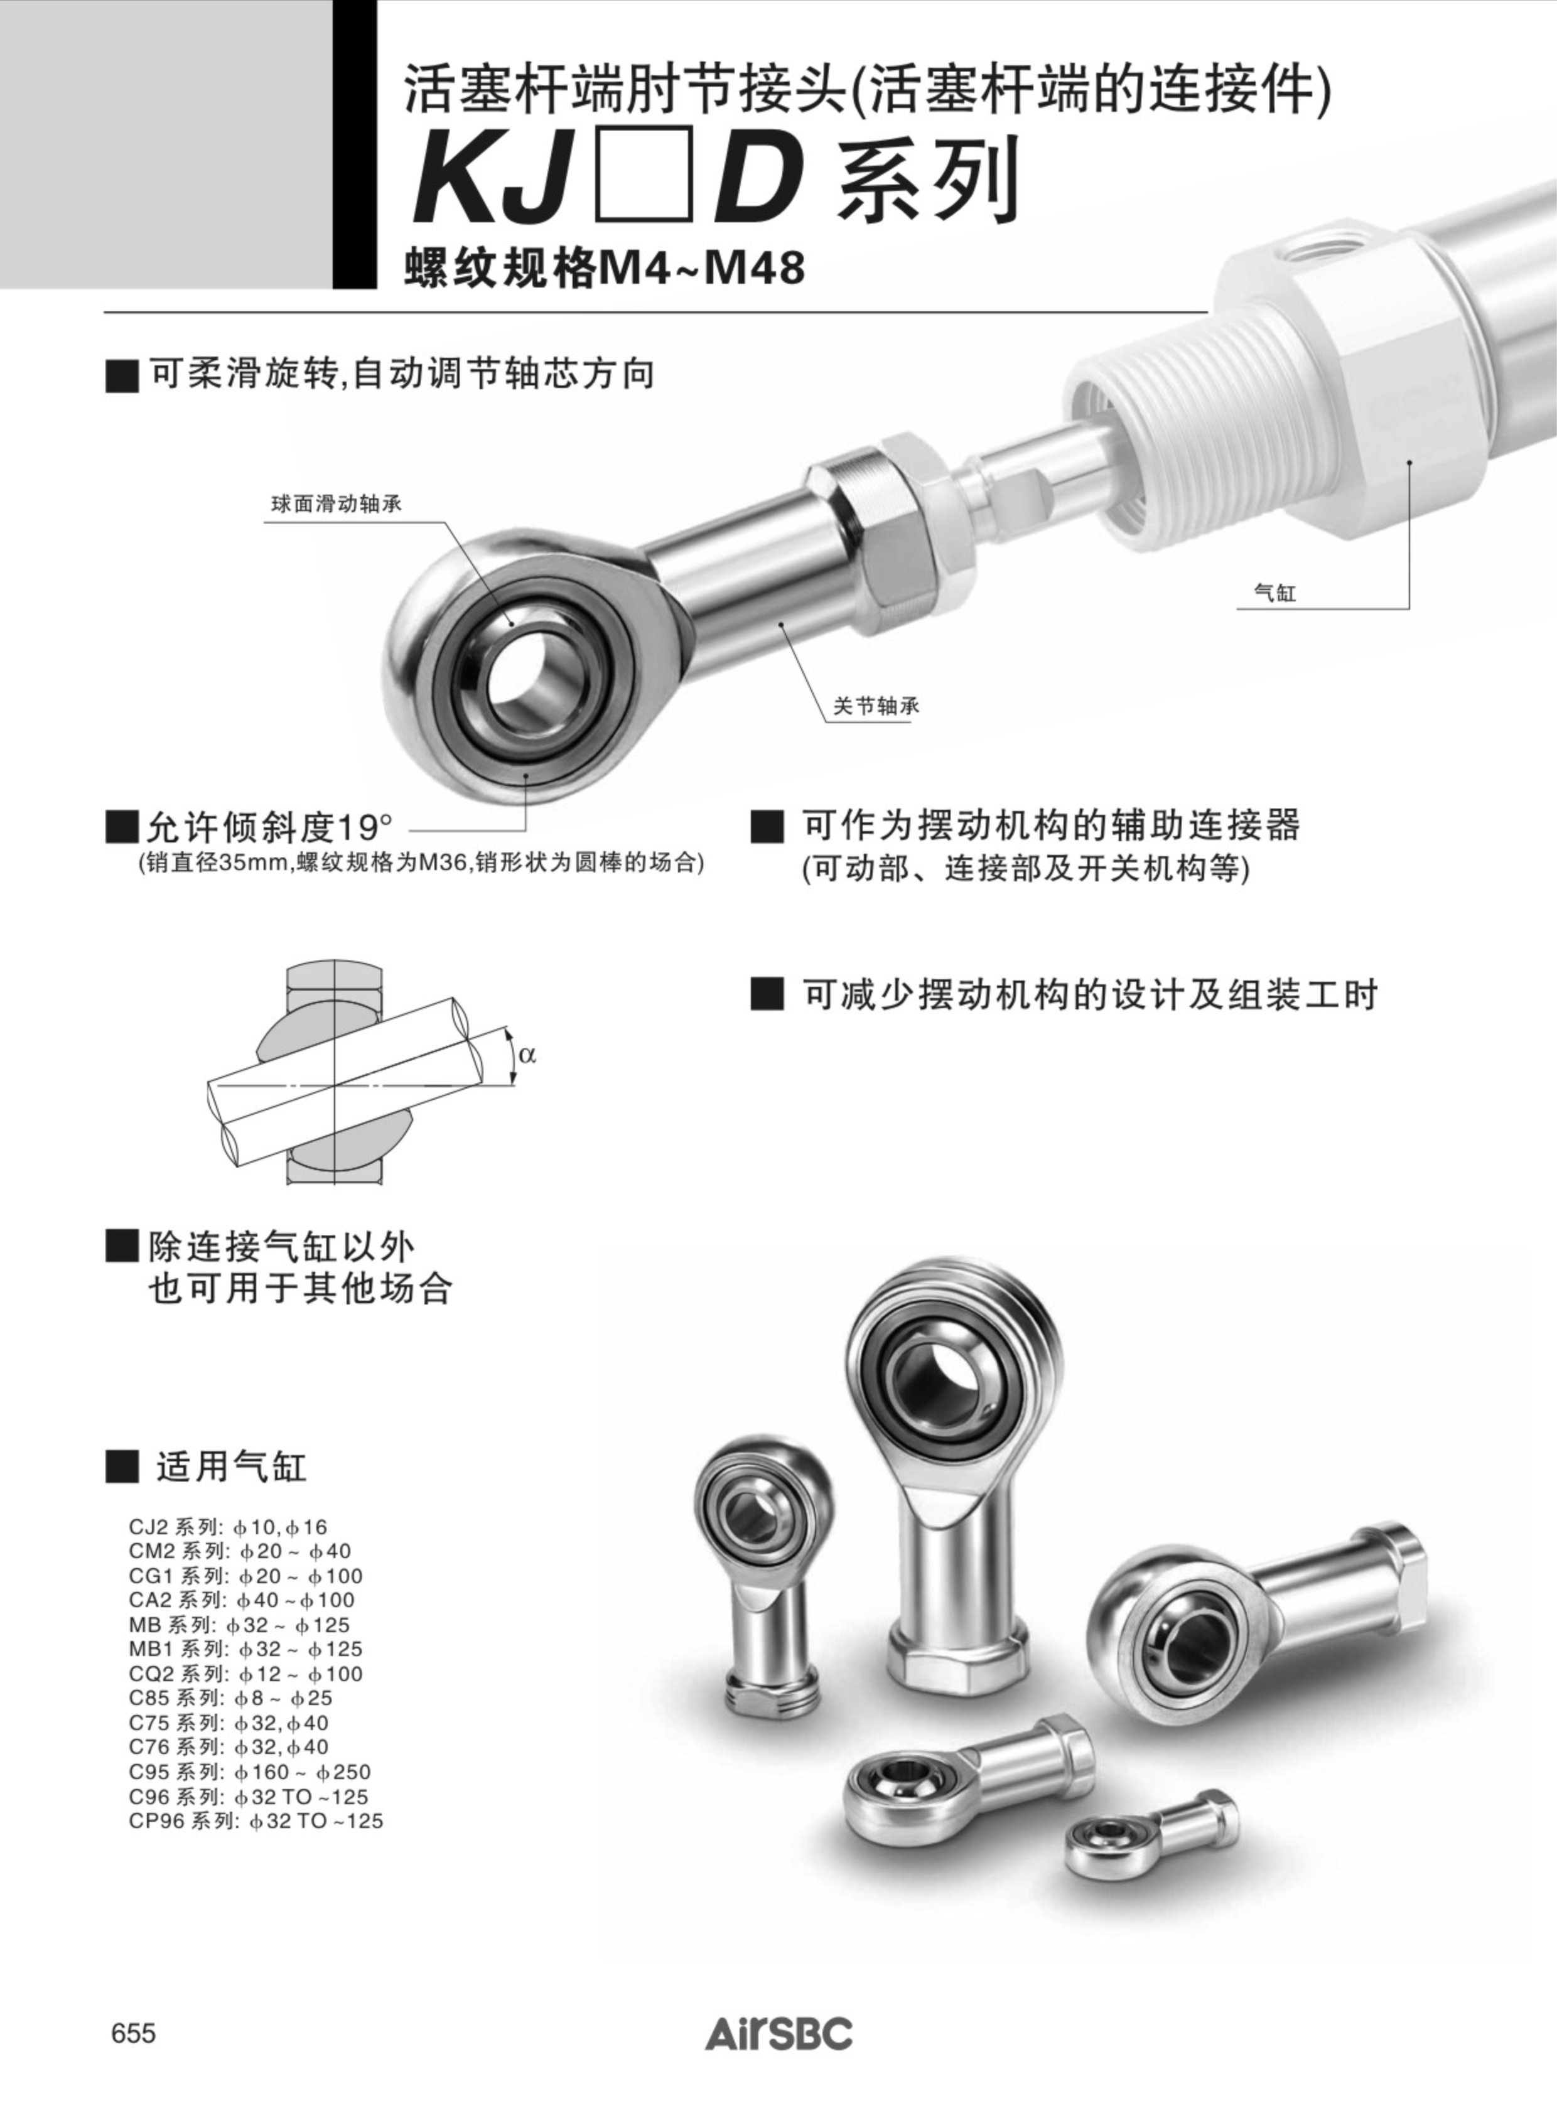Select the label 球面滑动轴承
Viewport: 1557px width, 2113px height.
337,504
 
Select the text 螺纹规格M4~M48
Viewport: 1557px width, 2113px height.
604,267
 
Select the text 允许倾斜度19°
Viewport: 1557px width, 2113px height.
252,827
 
